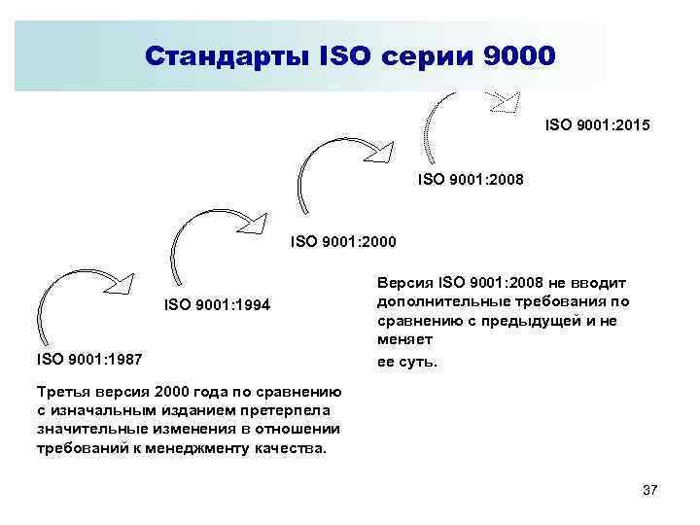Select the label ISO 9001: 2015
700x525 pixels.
[x=597, y=125]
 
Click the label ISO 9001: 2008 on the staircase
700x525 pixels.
[x=470, y=179]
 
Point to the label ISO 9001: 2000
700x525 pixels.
[x=343, y=240]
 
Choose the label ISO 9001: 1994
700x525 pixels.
[x=217, y=306]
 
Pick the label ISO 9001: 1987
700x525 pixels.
[x=89, y=360]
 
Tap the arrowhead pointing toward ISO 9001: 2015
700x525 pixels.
[x=506, y=100]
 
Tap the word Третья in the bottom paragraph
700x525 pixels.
[x=64, y=392]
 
